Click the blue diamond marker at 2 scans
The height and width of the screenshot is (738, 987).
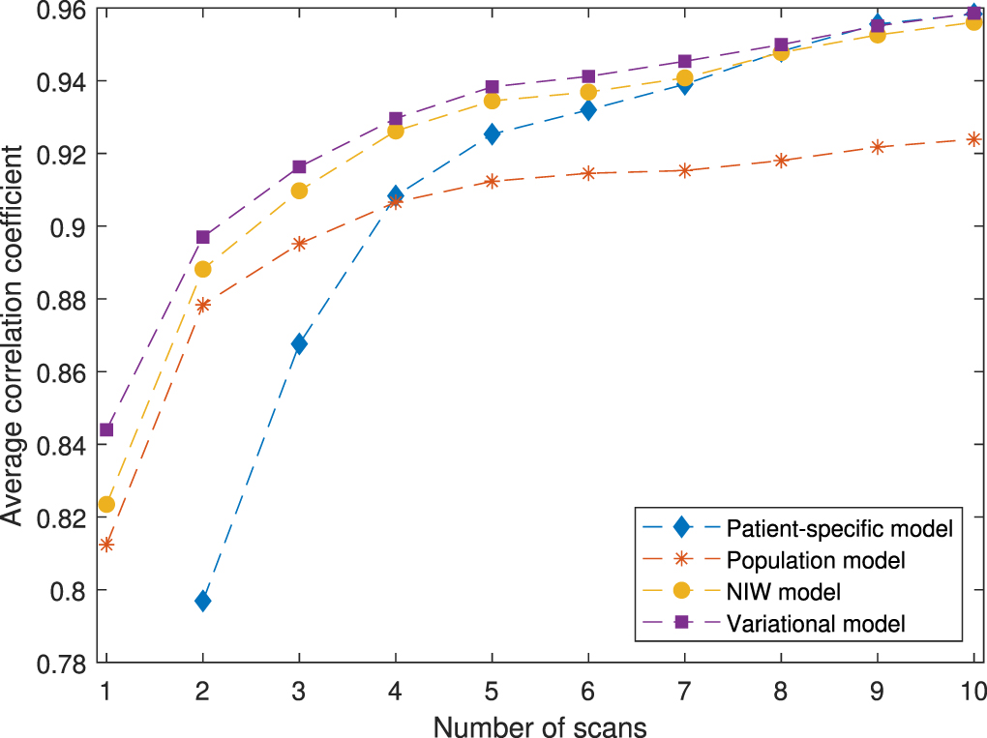202,601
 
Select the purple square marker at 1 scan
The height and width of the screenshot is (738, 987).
106,429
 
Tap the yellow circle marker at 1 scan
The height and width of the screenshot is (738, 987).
106,504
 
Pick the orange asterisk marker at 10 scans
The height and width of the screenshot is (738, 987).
973,139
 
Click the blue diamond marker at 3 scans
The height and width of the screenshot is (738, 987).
299,344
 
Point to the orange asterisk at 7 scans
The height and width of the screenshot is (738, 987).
684,170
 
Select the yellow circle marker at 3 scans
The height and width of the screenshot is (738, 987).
299,191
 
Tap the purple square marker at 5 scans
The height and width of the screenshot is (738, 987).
492,87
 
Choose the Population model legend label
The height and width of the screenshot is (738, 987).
816,559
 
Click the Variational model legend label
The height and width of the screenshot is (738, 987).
816,622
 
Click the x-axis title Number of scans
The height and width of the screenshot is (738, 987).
539,724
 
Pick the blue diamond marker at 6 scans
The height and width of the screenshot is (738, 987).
587,110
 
